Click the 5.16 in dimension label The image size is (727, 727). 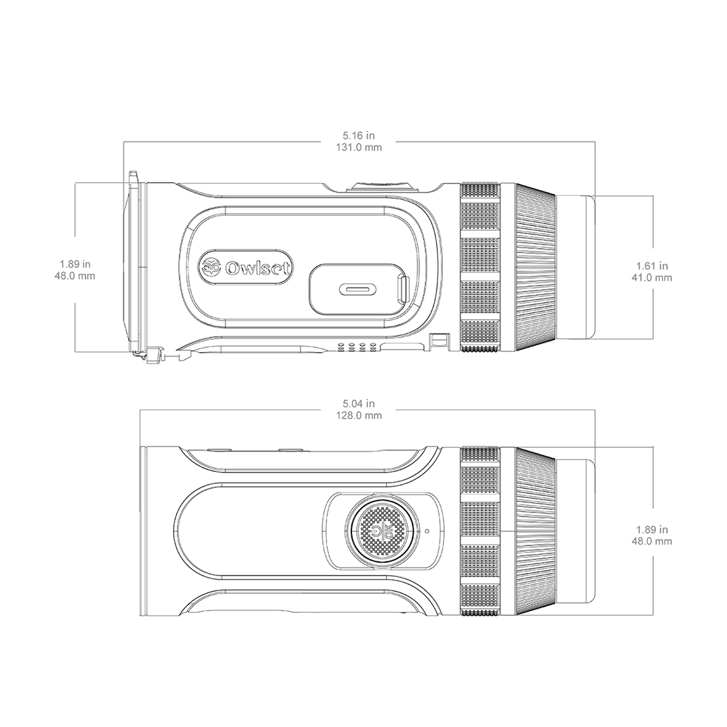click(x=358, y=135)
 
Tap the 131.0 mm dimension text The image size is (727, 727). click(x=359, y=147)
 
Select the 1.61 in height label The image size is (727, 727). click(x=652, y=266)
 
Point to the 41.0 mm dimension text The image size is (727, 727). click(x=652, y=278)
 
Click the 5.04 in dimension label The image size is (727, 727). click(x=358, y=403)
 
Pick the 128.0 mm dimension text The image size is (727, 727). click(x=359, y=415)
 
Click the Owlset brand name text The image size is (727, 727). click(x=258, y=268)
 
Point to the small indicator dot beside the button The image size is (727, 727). click(x=427, y=531)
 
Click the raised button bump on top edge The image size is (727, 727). click(x=382, y=184)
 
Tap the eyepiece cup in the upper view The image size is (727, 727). click(x=576, y=267)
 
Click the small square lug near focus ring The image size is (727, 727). click(x=439, y=341)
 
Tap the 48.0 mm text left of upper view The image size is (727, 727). click(x=75, y=277)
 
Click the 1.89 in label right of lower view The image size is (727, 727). click(x=652, y=529)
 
